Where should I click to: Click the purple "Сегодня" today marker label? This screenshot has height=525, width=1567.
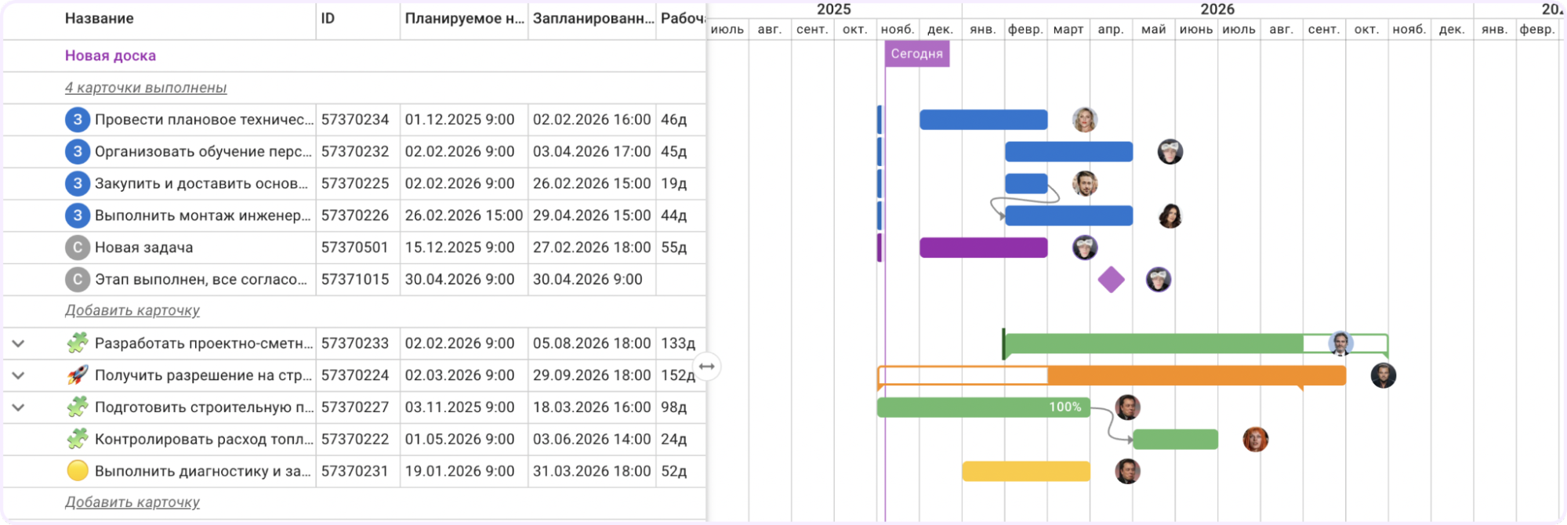(917, 54)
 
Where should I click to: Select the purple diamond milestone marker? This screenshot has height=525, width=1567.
(1111, 280)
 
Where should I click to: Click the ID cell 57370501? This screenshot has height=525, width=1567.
(355, 248)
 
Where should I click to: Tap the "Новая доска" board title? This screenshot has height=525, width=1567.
(111, 56)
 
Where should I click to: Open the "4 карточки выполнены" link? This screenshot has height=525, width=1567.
(146, 88)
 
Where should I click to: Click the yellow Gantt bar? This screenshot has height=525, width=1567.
(1025, 471)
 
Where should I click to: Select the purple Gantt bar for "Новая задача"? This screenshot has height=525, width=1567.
(983, 248)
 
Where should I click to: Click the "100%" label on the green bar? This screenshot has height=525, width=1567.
(1065, 407)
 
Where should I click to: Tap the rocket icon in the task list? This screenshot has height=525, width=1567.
(78, 375)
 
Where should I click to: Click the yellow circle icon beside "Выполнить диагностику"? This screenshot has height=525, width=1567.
(78, 471)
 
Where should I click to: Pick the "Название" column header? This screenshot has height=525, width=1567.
(100, 18)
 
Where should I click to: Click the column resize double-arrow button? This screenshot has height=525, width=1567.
(707, 367)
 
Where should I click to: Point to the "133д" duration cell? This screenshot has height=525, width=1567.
(678, 343)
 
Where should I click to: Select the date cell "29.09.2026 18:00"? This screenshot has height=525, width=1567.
(592, 375)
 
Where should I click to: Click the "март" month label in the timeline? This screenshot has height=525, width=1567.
(1068, 30)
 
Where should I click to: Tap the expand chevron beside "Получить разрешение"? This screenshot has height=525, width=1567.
(18, 375)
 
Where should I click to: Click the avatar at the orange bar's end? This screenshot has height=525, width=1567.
(1383, 375)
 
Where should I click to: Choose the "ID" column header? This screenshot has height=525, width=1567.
(328, 18)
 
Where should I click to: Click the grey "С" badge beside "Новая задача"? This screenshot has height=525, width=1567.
(77, 248)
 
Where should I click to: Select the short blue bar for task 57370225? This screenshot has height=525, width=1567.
(1026, 183)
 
